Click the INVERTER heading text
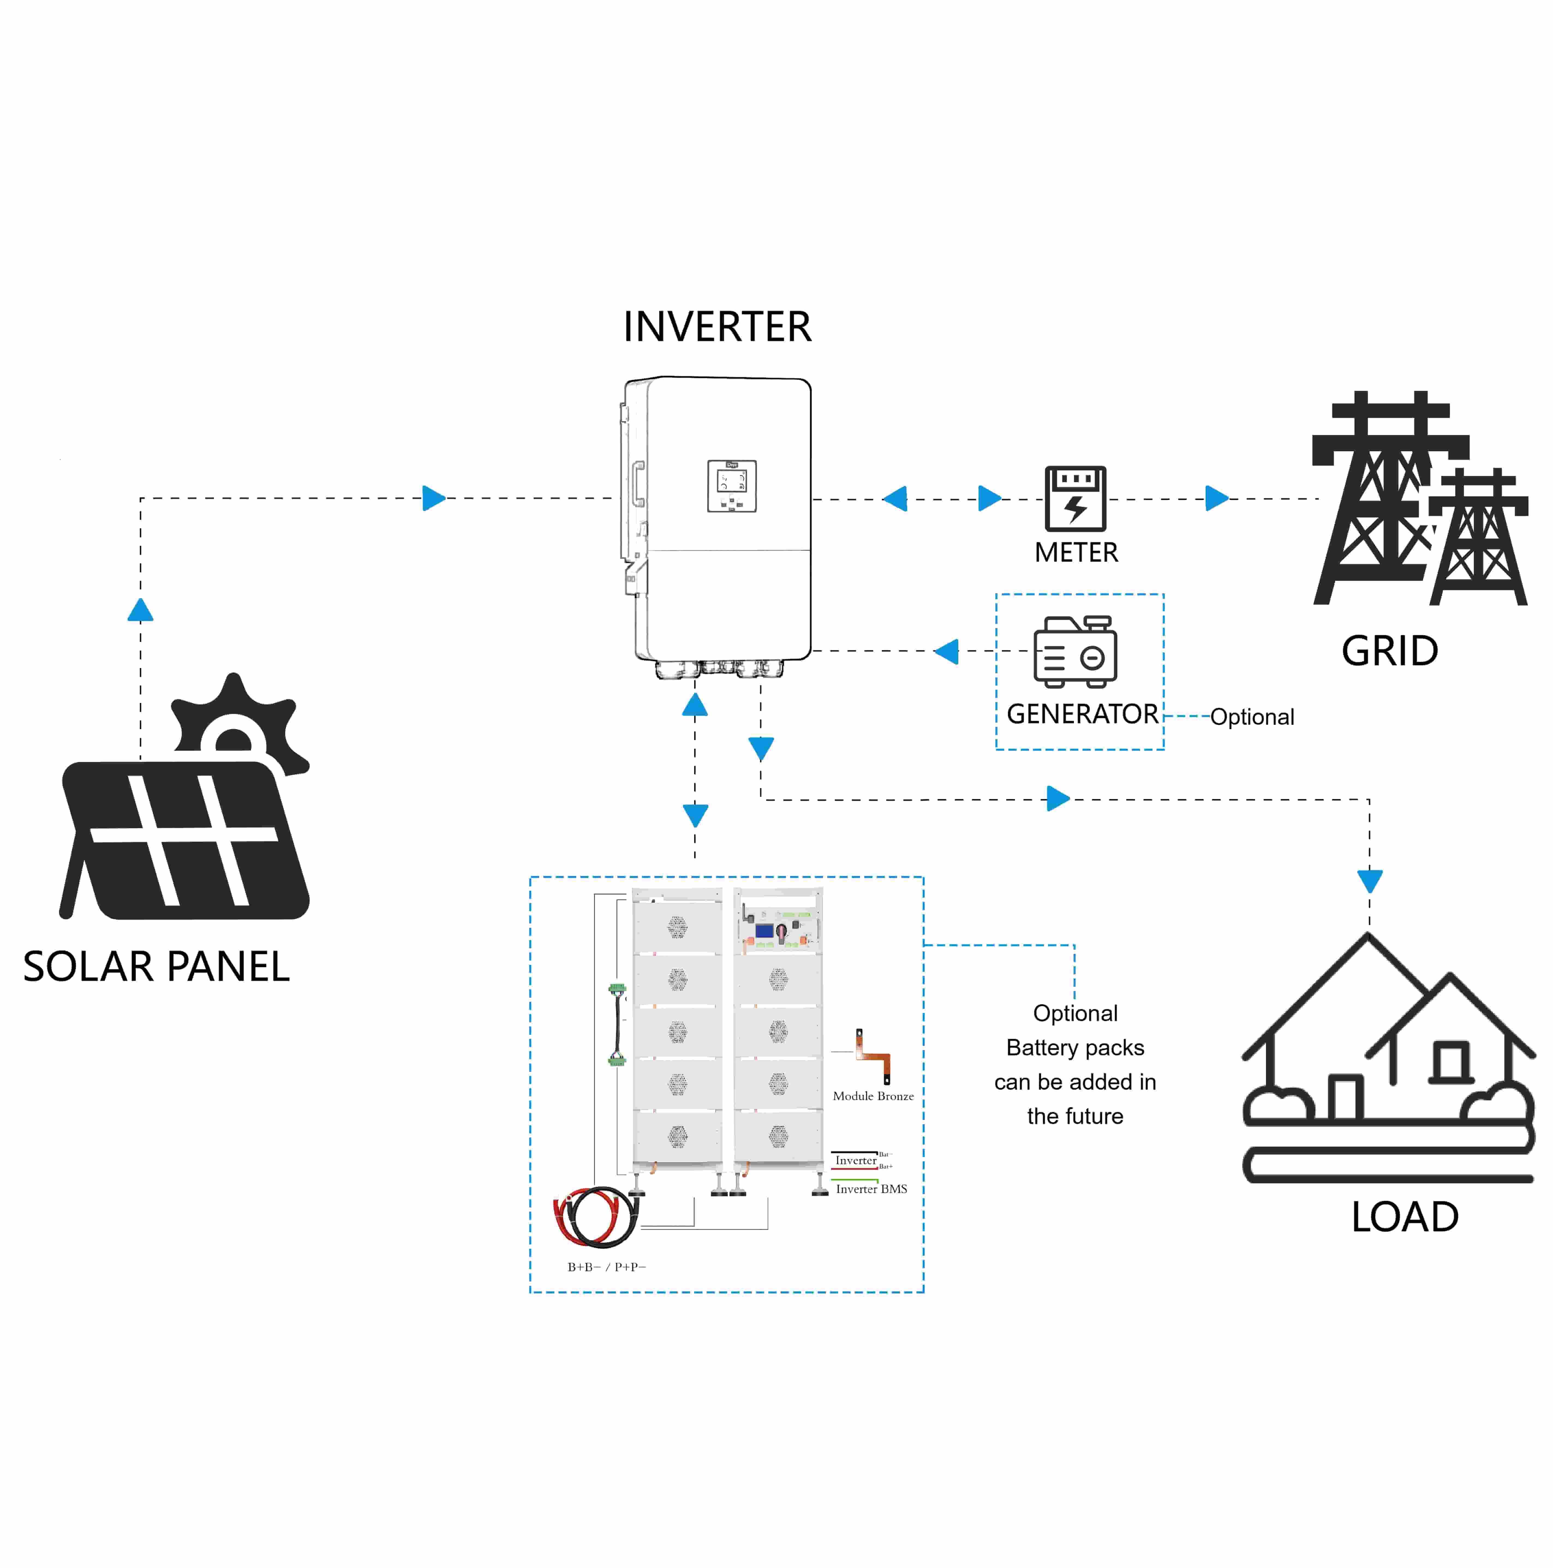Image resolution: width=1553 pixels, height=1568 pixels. [716, 327]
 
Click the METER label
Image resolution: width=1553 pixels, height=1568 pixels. [1076, 553]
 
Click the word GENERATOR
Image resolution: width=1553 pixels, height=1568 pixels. [1082, 714]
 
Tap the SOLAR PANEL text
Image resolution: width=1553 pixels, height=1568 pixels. [156, 967]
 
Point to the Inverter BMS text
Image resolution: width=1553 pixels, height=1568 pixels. [871, 1189]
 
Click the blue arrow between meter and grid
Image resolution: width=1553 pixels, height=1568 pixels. [1216, 498]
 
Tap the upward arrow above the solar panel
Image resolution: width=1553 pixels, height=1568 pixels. [140, 610]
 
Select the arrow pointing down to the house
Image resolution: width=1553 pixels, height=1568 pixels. [1370, 881]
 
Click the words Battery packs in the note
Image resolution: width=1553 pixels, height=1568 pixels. [1075, 1048]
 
